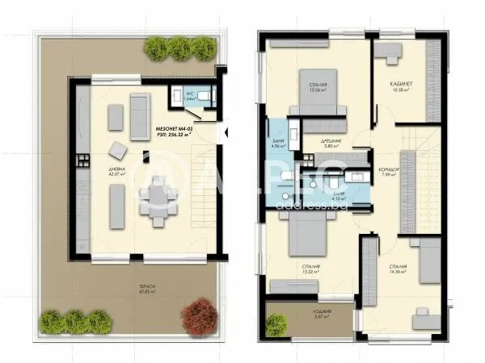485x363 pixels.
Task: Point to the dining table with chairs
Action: [154, 198]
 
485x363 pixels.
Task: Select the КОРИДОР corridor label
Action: [388, 170]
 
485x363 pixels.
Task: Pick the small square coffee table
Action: [119, 149]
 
